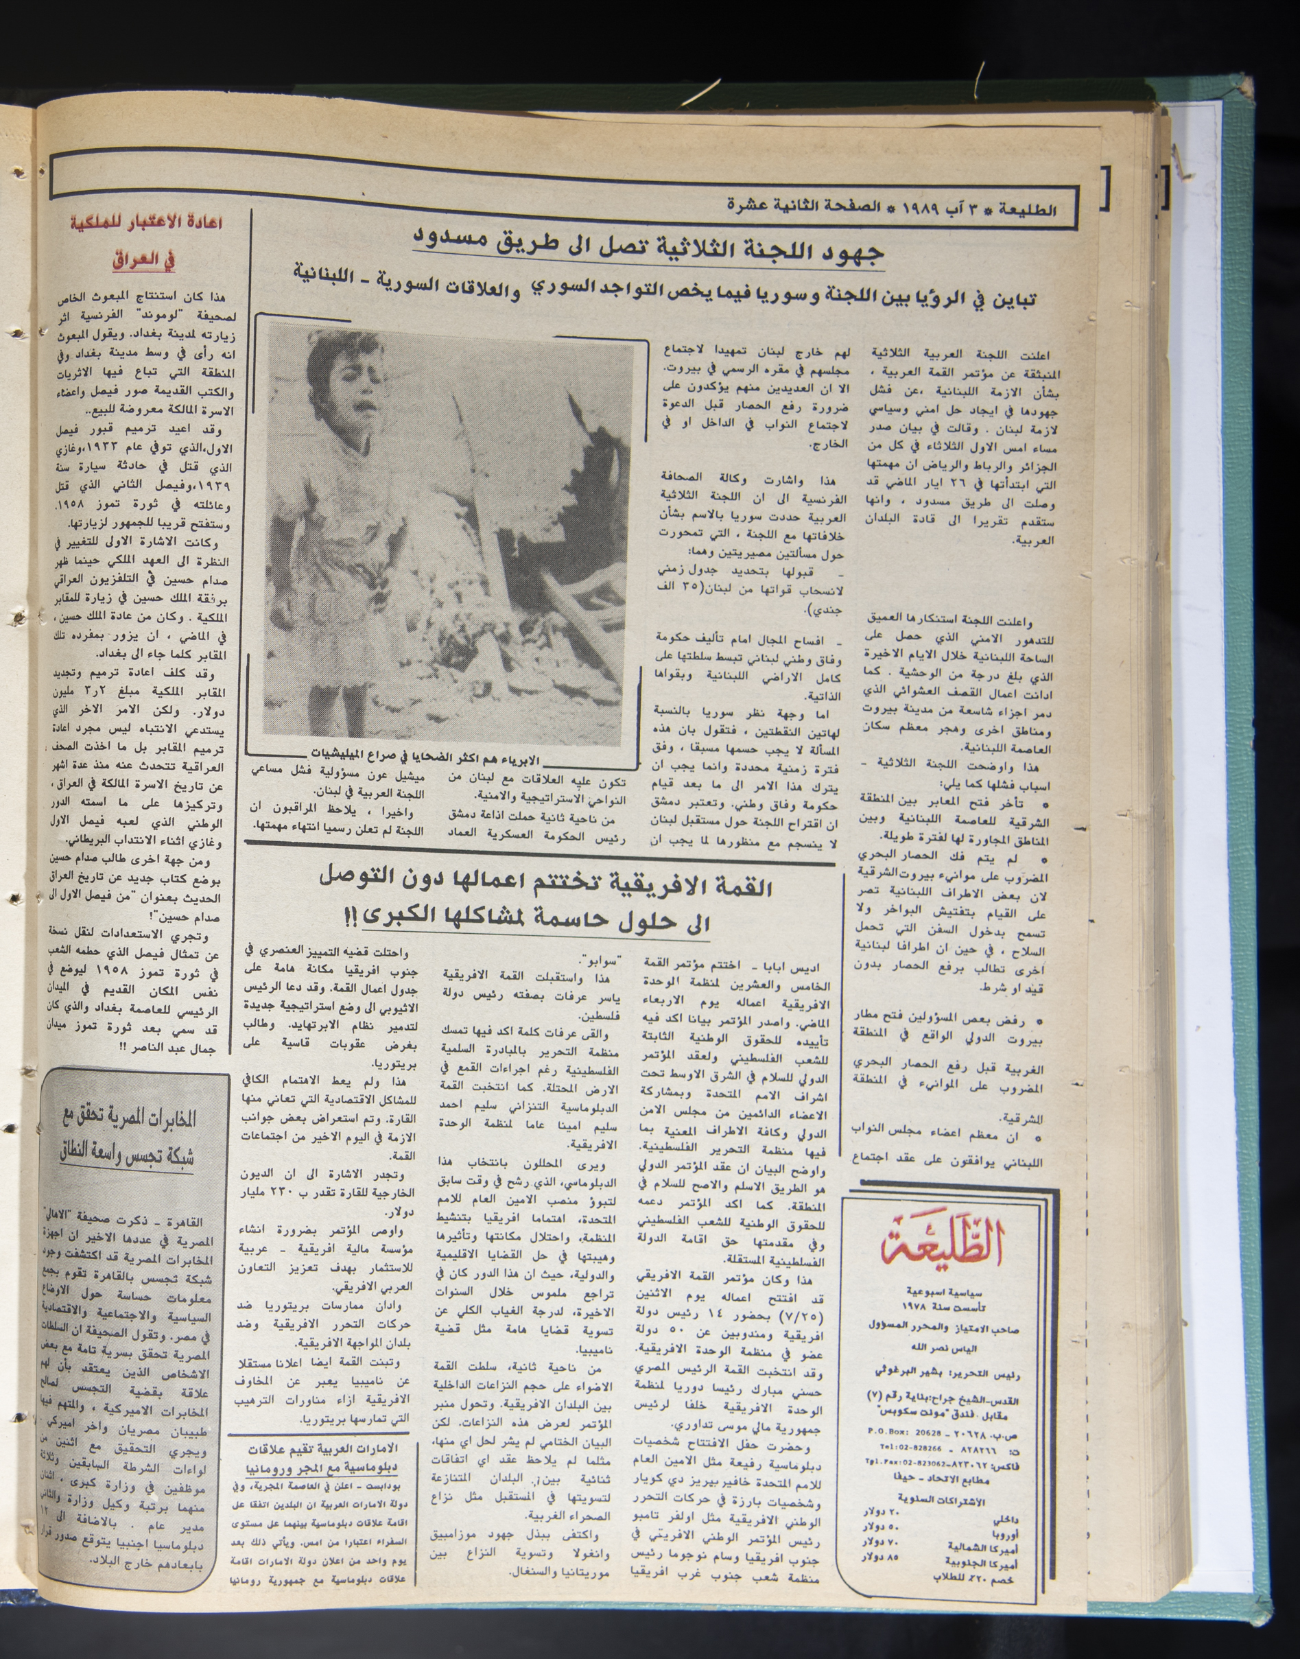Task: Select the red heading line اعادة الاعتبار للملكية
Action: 140,224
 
